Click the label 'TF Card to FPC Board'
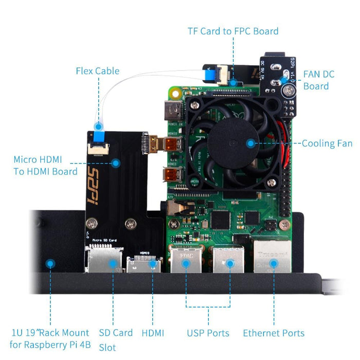(233, 31)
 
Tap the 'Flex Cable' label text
(97, 71)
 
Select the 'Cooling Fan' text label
(326, 143)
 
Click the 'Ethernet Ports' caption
(274, 333)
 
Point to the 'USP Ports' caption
(208, 333)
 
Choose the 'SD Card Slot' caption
(115, 339)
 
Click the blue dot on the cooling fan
(250, 143)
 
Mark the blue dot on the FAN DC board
(283, 80)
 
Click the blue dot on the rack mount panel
(50, 264)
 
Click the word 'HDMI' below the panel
(153, 333)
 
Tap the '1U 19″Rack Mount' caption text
(49, 333)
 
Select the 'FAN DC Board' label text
(319, 80)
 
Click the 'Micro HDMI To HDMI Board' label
(45, 166)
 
